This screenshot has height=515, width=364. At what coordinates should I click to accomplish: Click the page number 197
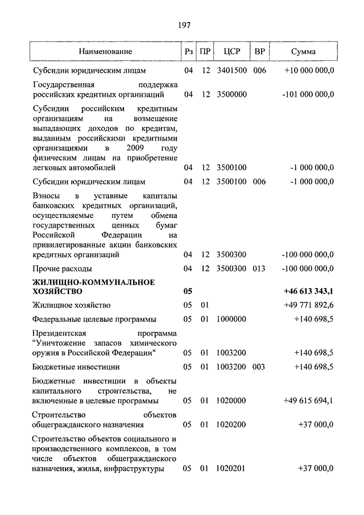(x=183, y=25)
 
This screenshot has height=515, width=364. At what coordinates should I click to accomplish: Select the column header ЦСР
(x=231, y=52)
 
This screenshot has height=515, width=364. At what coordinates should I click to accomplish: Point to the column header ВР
(x=260, y=52)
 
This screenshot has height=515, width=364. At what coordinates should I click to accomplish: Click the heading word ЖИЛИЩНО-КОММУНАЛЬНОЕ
(x=94, y=282)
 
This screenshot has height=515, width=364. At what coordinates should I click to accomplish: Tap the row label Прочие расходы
(x=62, y=269)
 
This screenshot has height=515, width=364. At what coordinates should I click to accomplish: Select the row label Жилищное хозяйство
(x=71, y=306)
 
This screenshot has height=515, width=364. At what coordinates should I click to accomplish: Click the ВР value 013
(x=259, y=269)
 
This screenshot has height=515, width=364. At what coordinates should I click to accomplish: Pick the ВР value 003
(x=259, y=367)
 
